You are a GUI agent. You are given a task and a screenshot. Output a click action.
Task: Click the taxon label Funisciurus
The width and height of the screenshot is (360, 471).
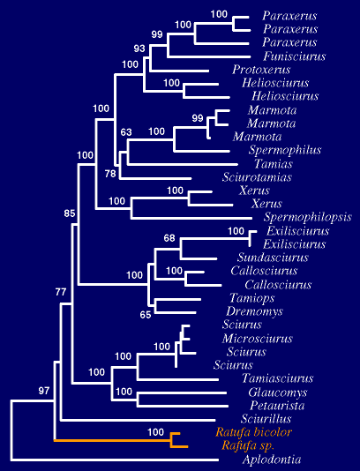point(295,56)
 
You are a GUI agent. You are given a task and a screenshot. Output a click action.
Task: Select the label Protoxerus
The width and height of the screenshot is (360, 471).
point(261,70)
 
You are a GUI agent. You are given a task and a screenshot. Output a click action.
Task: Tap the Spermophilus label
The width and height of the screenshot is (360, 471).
point(285,150)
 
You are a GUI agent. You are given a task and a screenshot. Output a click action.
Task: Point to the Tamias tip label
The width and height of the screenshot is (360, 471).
point(274,164)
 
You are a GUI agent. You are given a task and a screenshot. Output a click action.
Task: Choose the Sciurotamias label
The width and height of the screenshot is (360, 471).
point(257,177)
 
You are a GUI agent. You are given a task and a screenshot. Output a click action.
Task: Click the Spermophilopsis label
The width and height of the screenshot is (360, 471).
point(308,217)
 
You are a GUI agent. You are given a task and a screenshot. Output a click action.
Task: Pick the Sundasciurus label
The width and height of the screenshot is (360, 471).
point(273,258)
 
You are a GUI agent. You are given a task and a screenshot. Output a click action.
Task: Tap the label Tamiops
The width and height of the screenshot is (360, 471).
point(252,298)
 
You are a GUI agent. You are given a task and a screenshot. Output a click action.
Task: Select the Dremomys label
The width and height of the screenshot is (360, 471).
point(254,311)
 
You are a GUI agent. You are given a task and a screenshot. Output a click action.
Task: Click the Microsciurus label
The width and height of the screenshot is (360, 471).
point(258,339)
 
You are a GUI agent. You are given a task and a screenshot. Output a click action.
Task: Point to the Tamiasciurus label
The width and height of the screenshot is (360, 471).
point(278,378)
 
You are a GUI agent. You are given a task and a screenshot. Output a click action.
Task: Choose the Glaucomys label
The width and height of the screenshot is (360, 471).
point(278,392)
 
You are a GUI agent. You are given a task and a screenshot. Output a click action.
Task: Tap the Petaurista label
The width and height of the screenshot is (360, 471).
point(277,406)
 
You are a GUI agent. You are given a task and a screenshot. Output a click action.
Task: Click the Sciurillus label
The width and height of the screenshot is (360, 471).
point(266,419)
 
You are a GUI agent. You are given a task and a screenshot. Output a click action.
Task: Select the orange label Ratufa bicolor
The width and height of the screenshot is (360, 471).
point(253,432)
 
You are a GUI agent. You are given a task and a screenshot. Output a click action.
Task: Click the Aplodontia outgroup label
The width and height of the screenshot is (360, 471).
point(272,460)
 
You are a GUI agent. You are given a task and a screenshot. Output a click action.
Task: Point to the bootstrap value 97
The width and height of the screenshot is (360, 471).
point(44,391)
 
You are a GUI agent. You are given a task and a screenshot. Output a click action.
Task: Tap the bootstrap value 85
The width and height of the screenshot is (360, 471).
point(70,213)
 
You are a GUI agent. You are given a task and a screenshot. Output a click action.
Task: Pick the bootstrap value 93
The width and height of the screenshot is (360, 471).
point(139,49)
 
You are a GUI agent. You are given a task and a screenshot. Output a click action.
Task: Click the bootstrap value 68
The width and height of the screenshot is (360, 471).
point(169,238)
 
